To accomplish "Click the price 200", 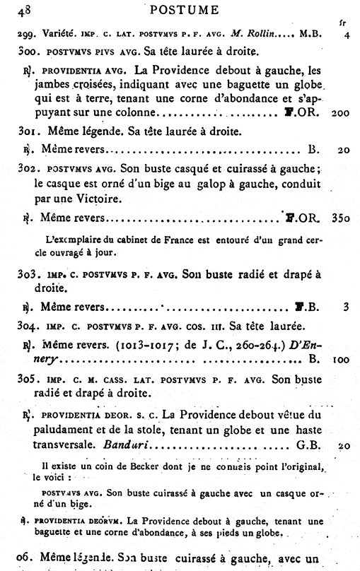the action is (340, 113).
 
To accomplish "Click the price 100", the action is (340, 360).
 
